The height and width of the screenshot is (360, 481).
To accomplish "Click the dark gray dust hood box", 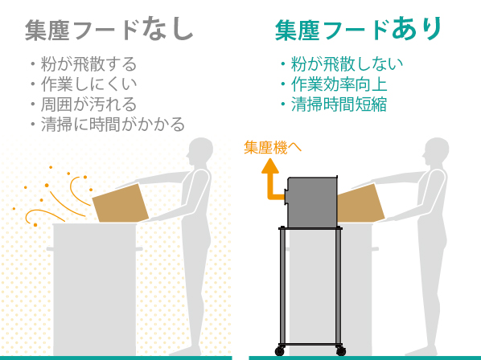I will pos(311,202).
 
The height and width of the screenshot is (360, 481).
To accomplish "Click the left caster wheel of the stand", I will pos(280,351).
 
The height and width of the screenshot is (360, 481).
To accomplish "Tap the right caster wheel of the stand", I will pos(341,351).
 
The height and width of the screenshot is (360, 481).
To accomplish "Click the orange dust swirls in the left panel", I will pos(56,197).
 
